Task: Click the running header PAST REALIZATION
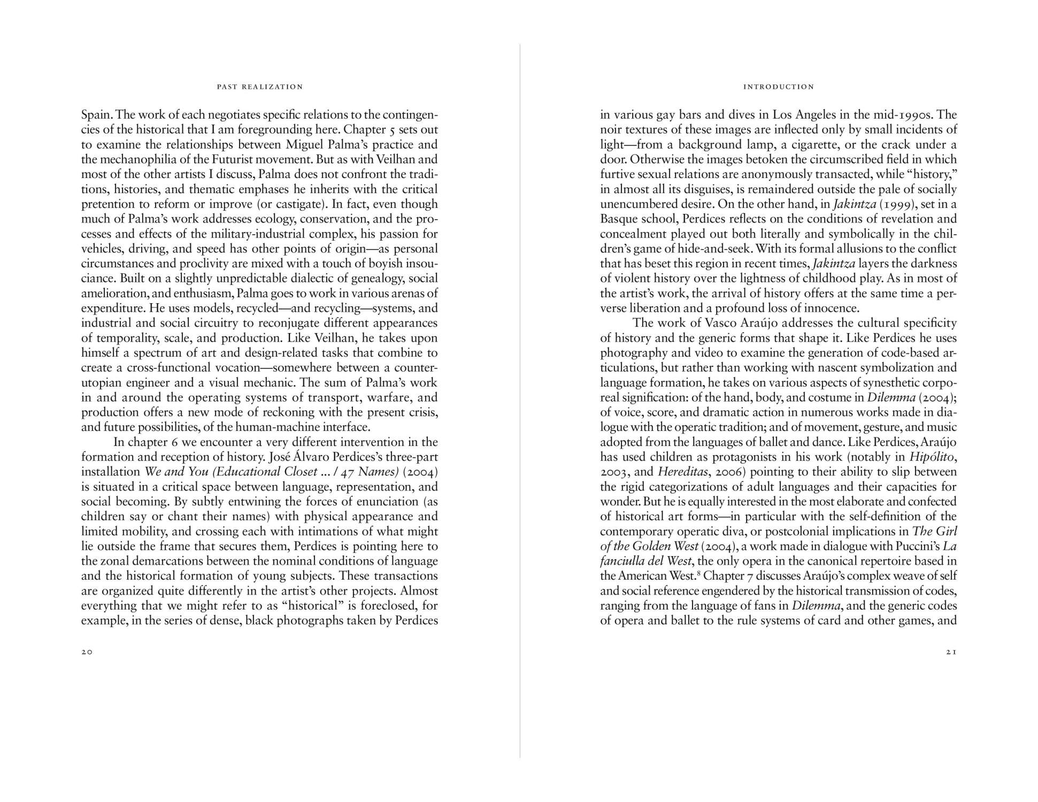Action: [259, 87]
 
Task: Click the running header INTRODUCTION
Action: [778, 87]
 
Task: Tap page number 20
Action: [87, 652]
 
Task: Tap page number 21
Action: [951, 652]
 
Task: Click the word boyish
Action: [378, 264]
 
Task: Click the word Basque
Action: [620, 219]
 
